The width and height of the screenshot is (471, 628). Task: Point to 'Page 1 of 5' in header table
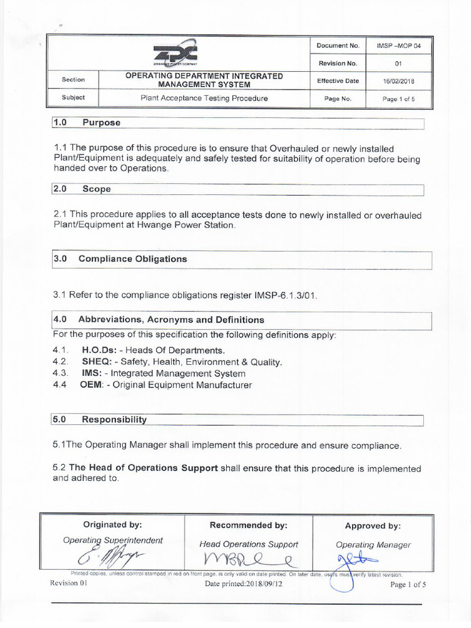point(399,98)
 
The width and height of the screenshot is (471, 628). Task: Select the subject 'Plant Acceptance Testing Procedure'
point(204,98)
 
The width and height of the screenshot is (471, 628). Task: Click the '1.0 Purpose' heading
point(86,123)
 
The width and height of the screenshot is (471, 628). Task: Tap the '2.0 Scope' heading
point(82,190)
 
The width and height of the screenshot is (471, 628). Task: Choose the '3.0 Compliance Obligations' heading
point(120,259)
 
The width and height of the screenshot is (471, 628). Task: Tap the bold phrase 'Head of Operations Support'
point(144,468)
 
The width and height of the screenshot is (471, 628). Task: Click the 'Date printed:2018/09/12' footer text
point(245,584)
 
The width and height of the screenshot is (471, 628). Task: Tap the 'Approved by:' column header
point(373,526)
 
